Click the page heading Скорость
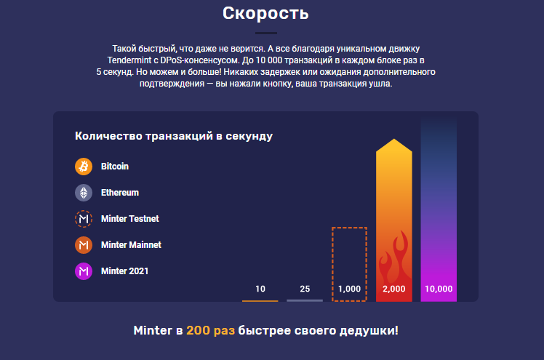265,14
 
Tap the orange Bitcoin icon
84,167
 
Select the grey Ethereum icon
84,193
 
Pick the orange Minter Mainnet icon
84,245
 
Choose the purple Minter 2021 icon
84,271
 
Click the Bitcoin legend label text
115,167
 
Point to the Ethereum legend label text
120,193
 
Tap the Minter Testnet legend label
129,219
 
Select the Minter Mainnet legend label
131,245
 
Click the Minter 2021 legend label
124,271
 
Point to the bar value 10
260,289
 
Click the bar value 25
305,289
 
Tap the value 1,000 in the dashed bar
349,289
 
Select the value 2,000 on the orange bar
393,289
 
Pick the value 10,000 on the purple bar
439,289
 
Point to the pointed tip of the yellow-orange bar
393,139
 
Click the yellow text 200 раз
211,330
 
